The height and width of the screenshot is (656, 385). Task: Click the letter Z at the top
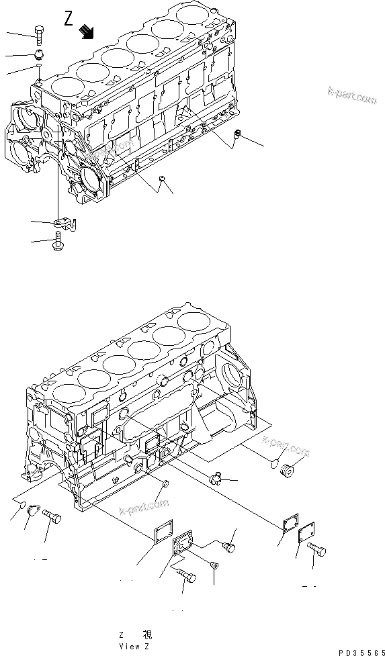pos(68,18)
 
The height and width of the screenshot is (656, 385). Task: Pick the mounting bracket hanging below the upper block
pos(62,220)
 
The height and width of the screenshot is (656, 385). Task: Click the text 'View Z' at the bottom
pos(134,646)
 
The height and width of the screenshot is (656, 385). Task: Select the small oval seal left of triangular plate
pos(22,506)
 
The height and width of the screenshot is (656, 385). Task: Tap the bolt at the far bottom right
pos(318,552)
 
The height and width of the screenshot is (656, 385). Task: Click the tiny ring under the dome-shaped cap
pos(40,68)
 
